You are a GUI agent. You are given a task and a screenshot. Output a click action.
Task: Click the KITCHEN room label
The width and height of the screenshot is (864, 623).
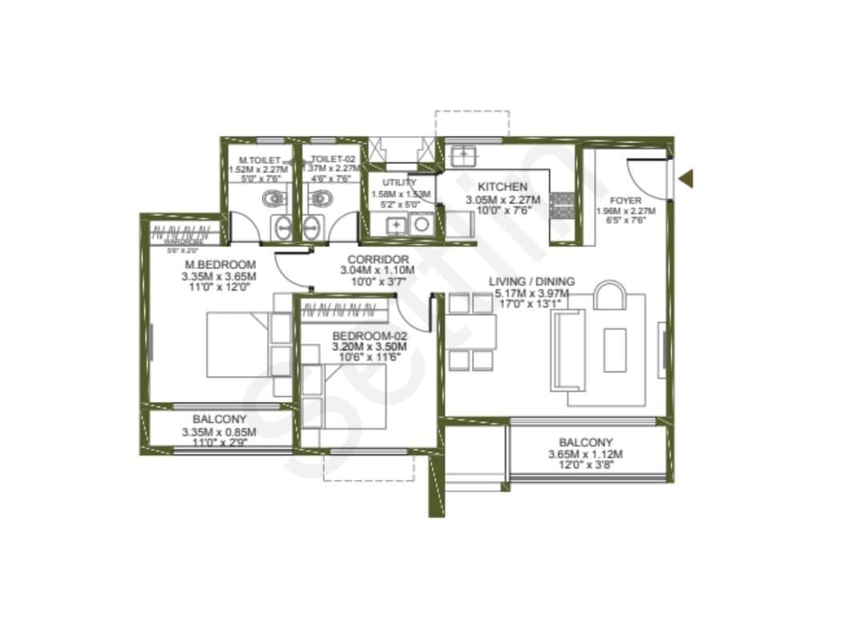[x=502, y=187]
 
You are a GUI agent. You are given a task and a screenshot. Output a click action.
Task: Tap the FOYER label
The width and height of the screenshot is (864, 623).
[x=625, y=200]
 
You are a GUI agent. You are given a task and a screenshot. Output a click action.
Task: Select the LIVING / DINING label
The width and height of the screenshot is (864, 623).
[x=531, y=282]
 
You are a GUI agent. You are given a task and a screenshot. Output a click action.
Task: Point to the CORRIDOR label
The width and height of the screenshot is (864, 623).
[x=378, y=259]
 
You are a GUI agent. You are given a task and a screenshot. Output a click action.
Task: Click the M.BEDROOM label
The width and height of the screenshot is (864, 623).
[x=220, y=265]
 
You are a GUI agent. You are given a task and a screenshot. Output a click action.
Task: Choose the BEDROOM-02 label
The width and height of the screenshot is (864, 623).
[x=370, y=335]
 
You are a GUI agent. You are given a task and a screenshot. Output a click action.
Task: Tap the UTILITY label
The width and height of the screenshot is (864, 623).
[x=400, y=183]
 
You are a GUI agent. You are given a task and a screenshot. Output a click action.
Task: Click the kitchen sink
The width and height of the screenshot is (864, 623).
[x=462, y=153]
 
